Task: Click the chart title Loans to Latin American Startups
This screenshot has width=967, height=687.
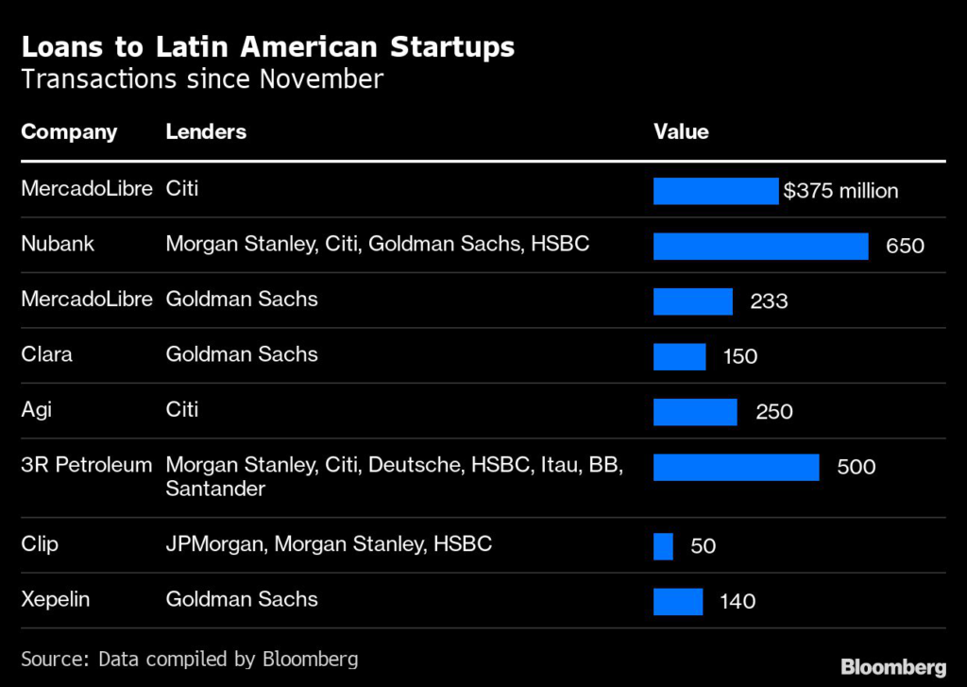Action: coord(268,47)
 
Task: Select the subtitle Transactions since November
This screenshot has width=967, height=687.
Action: coord(202,78)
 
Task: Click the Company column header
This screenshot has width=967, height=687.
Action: coord(69,131)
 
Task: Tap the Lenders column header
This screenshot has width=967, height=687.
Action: coord(206,131)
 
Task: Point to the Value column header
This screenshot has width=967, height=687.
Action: coord(681,131)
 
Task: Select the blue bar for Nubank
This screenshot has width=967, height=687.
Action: coord(760,247)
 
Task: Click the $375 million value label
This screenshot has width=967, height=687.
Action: coord(840,191)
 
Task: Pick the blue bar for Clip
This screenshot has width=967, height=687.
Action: coord(663,546)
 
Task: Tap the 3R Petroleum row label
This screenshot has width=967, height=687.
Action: coord(86,465)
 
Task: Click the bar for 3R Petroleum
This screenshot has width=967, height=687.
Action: coord(736,467)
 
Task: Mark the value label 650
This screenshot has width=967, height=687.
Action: coord(905,247)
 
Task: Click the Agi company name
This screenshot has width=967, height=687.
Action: coord(36,410)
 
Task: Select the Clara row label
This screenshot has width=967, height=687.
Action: coord(46,354)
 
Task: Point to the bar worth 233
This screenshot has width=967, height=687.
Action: coord(692,301)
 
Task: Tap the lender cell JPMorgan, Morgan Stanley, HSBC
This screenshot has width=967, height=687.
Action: coord(329,543)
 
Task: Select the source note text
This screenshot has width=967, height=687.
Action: coord(189,659)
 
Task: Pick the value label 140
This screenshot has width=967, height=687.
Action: coord(738,601)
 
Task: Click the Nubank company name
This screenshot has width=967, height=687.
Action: coord(58,244)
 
